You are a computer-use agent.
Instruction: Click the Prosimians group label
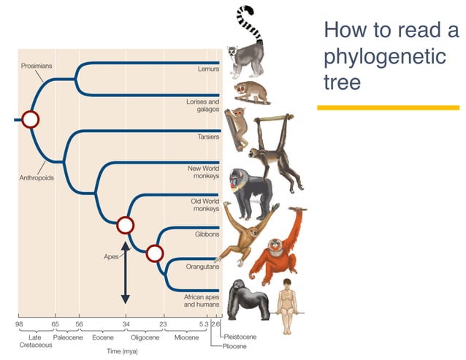click(x=36, y=65)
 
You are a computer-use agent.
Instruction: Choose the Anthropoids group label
click(x=36, y=177)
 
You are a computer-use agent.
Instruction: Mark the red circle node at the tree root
click(x=30, y=118)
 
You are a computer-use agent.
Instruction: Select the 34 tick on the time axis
click(x=126, y=323)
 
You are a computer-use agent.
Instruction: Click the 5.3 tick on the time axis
click(x=203, y=323)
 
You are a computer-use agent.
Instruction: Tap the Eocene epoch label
click(x=103, y=337)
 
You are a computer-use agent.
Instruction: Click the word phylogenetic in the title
click(x=384, y=56)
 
